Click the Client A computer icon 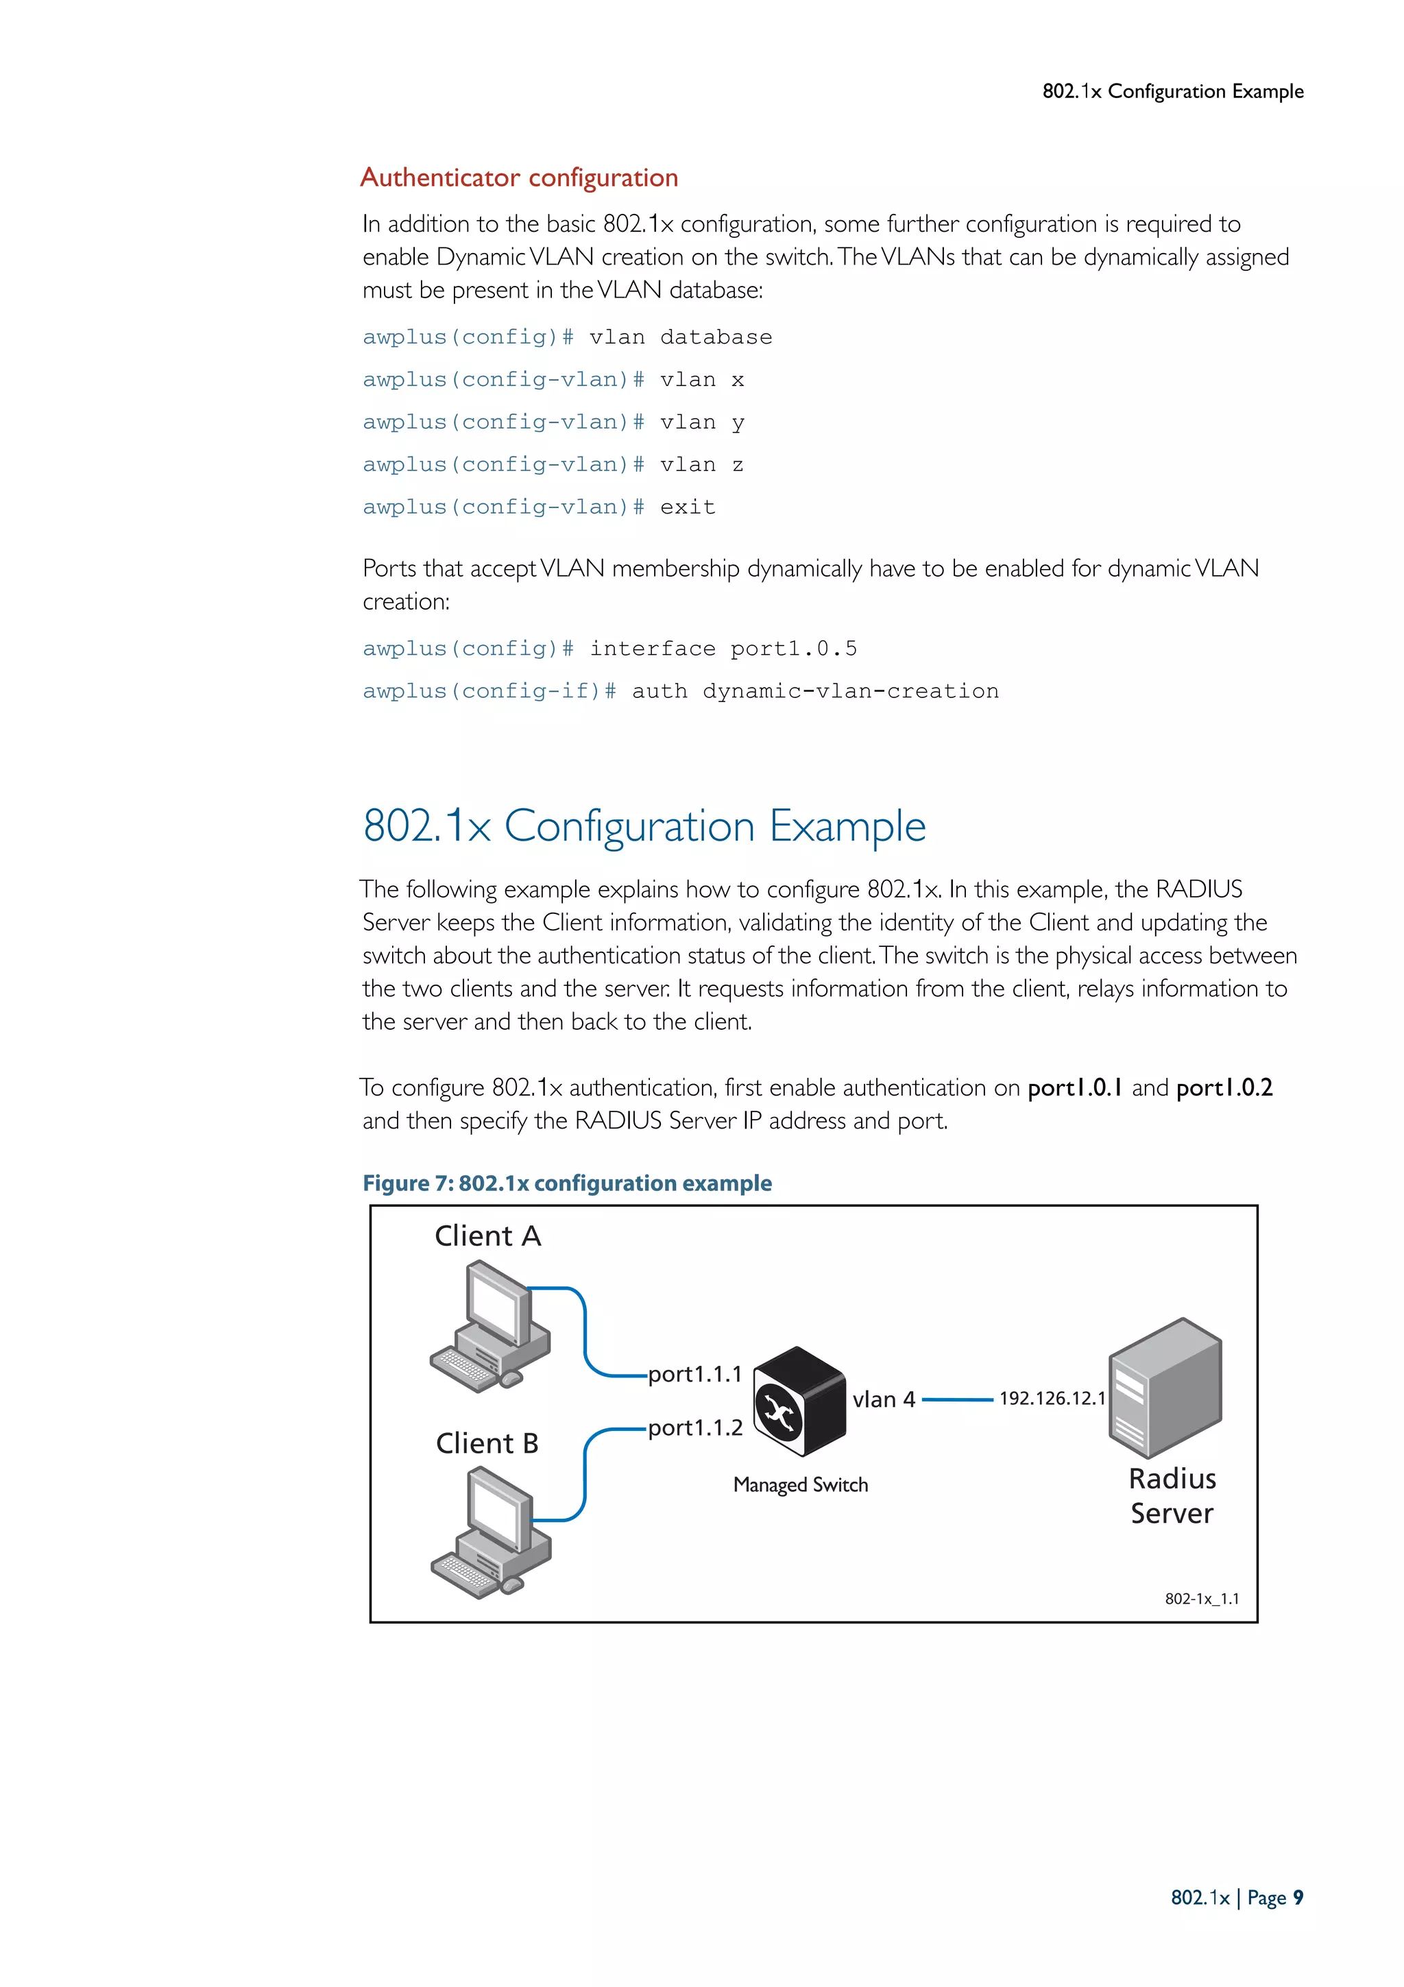pos(490,1326)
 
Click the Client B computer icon pos(490,1534)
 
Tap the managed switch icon pos(799,1400)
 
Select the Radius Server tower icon pos(1165,1388)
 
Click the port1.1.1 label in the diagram pos(694,1373)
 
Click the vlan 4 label pos(883,1399)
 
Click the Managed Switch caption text pos(800,1484)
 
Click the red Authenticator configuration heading pos(519,178)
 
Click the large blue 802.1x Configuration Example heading pos(644,826)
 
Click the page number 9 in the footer pos(1298,1898)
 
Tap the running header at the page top pos(1172,91)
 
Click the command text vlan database pos(681,337)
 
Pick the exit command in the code pos(688,507)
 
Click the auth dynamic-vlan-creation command pos(815,690)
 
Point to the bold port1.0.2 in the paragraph pos(1224,1088)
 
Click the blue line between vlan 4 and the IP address pos(957,1399)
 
